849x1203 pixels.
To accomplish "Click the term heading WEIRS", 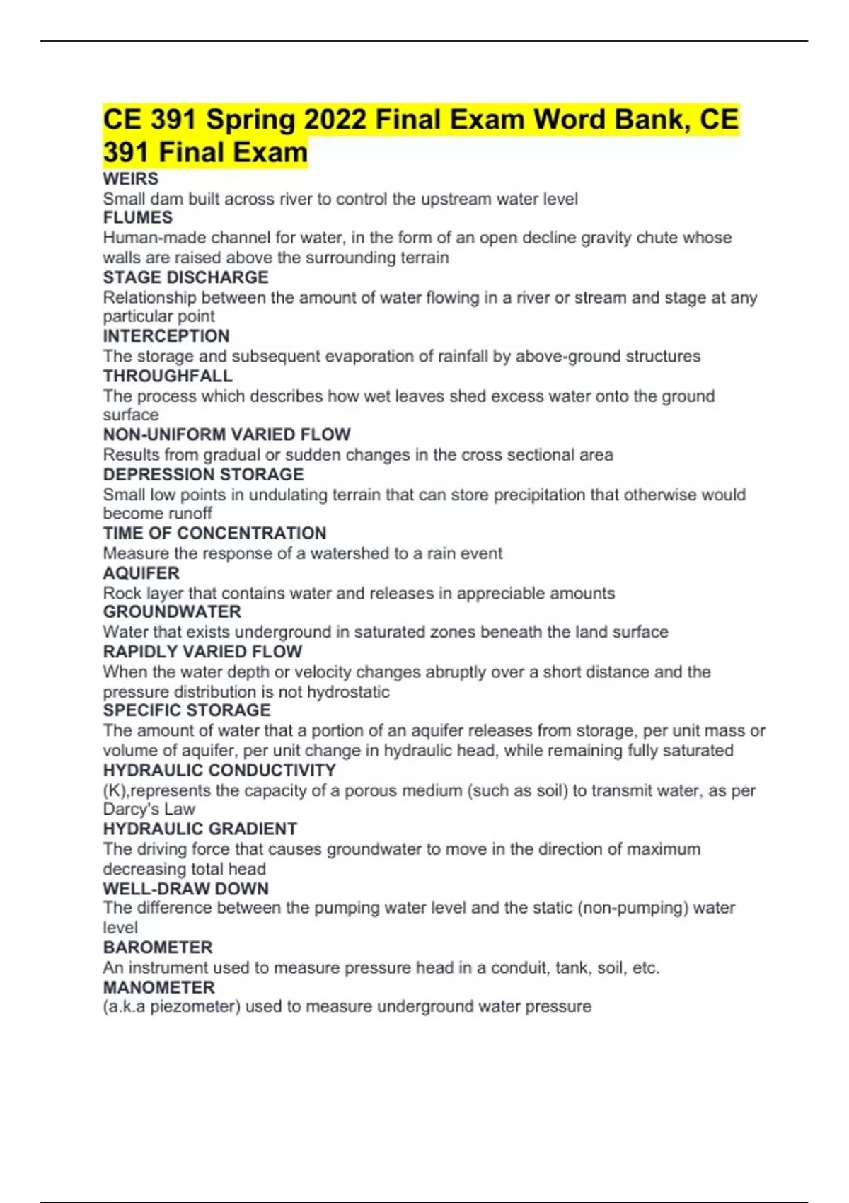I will [131, 179].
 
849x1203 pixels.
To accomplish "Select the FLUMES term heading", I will [138, 218].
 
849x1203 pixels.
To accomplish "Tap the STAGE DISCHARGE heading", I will [185, 277].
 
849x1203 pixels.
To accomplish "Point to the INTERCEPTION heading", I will [166, 336].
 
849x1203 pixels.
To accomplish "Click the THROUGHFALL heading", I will [168, 376].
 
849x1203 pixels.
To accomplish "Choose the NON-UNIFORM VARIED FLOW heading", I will [226, 434].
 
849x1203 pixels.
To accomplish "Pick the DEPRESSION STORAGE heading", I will [203, 474].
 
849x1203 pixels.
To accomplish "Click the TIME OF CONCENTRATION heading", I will [214, 533].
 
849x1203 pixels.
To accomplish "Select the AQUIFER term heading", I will [141, 573].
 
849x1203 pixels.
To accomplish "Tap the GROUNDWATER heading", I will [172, 612].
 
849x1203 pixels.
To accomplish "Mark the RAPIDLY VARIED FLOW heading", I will [202, 652].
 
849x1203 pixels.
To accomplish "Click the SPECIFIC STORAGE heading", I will [187, 710].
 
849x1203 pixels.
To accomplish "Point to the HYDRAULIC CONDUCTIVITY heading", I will [219, 770].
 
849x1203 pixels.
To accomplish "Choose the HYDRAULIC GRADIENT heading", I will [200, 829].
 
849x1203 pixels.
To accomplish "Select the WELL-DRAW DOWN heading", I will [185, 889].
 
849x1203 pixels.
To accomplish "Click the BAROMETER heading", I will [158, 948].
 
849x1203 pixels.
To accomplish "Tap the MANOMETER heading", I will [159, 987].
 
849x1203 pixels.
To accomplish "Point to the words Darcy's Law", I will [149, 810].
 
